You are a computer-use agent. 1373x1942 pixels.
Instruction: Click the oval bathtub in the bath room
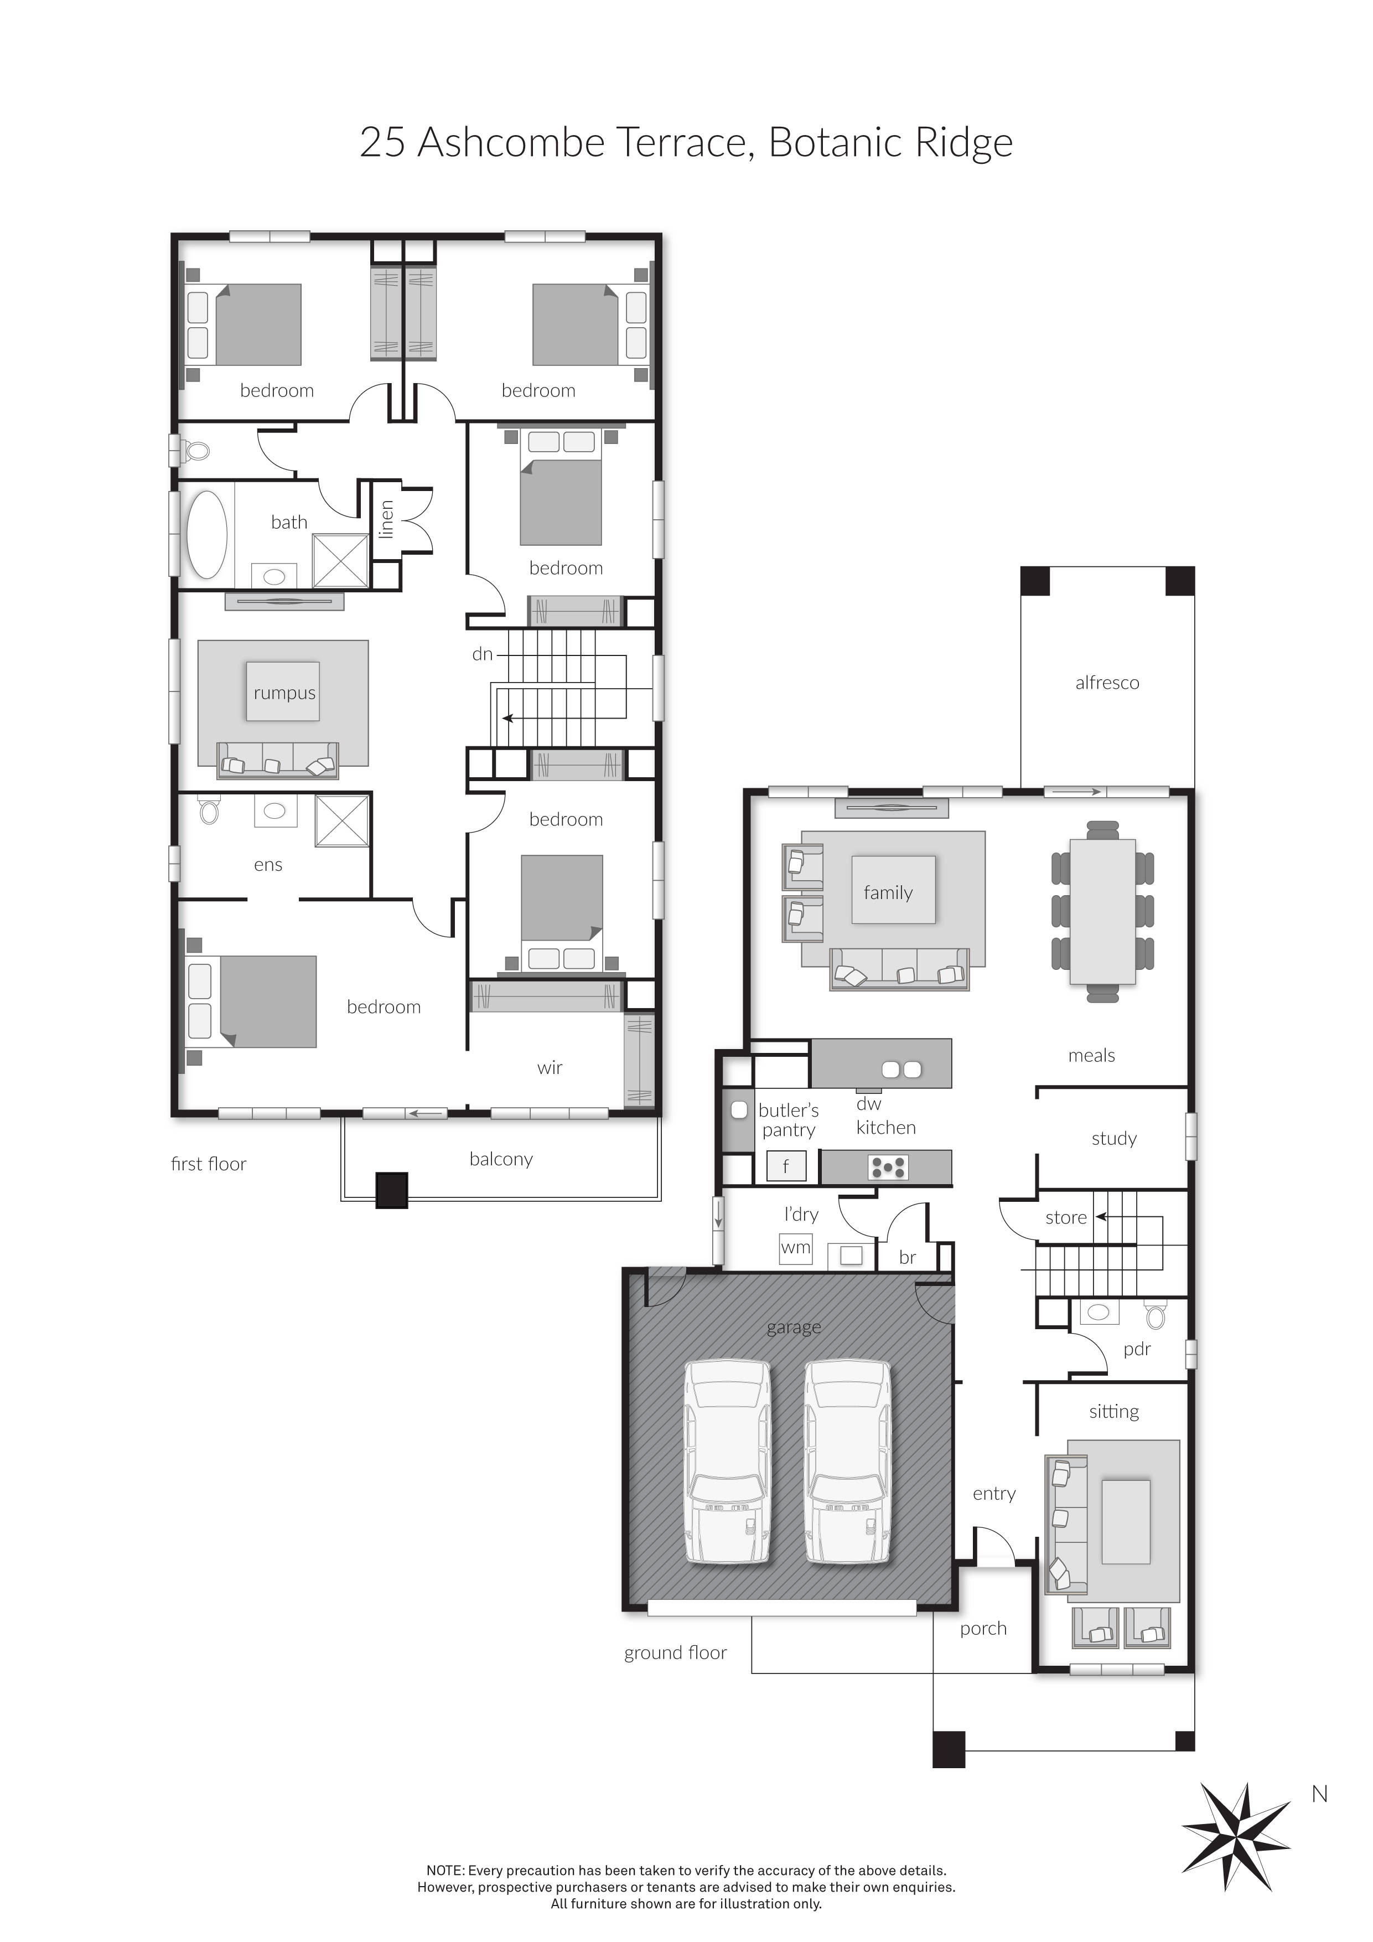tap(206, 535)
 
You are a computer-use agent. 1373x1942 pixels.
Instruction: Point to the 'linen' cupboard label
tap(386, 519)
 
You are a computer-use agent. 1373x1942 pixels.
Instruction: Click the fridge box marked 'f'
tap(785, 1166)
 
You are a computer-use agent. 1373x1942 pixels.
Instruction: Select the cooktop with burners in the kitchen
tap(888, 1167)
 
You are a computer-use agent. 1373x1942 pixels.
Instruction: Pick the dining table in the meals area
tap(1102, 911)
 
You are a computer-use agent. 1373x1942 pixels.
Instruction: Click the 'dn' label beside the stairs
tap(482, 654)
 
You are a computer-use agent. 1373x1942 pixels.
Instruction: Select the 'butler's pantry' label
tap(788, 1120)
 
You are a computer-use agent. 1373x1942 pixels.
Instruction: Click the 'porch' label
tap(983, 1628)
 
